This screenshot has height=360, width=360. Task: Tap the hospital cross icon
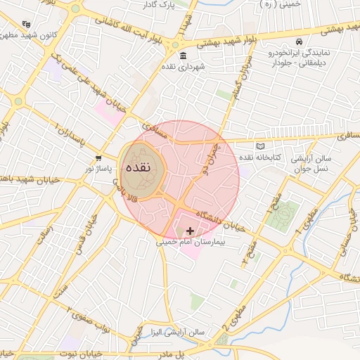(x=190, y=231)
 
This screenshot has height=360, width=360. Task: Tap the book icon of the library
(x=262, y=146)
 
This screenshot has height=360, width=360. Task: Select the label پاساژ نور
(x=98, y=169)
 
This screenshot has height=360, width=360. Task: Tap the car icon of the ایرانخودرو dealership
(x=300, y=41)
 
